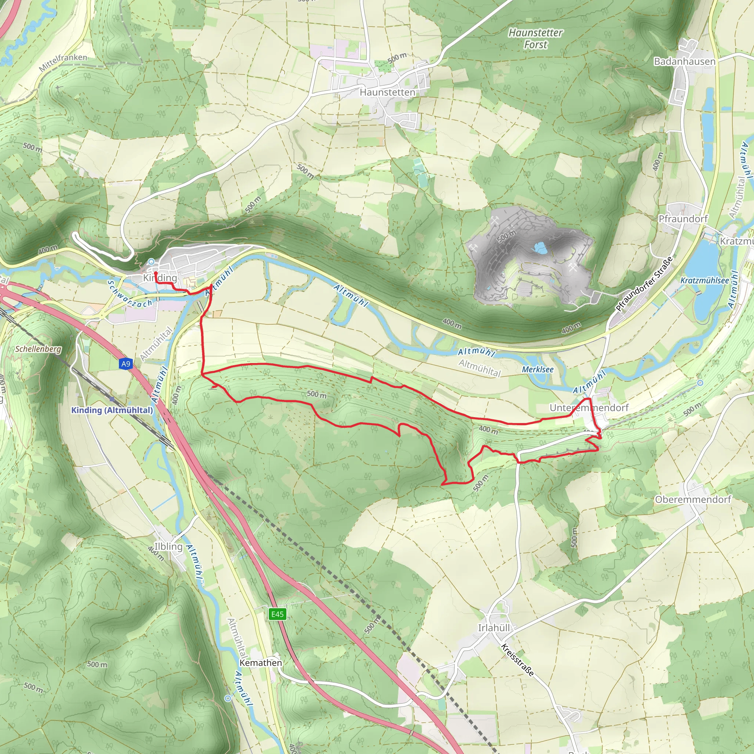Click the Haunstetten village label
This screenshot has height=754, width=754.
(x=387, y=92)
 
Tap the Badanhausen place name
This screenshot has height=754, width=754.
(x=684, y=61)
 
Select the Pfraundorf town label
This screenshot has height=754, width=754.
(x=683, y=219)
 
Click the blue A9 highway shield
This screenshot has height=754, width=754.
(x=126, y=364)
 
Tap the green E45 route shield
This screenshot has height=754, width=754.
(x=278, y=614)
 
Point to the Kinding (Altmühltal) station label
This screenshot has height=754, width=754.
(x=112, y=410)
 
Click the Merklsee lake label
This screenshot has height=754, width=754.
(x=538, y=369)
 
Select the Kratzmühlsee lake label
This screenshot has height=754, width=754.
(x=704, y=281)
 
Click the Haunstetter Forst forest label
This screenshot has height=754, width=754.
(x=535, y=38)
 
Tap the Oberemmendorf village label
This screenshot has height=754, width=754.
(x=693, y=500)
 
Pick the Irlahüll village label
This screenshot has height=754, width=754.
(x=494, y=628)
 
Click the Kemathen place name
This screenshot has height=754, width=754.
(x=260, y=663)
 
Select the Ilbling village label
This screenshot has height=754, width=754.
(x=168, y=546)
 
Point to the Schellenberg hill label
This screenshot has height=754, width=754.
(x=38, y=349)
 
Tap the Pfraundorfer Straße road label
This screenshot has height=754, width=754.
(x=644, y=284)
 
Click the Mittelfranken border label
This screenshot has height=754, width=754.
(x=63, y=63)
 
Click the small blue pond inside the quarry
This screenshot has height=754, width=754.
(x=540, y=247)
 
